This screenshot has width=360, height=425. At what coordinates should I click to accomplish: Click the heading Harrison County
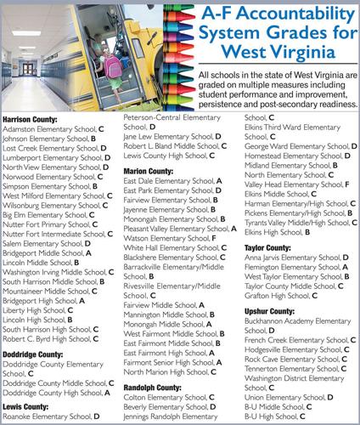pos(36,121)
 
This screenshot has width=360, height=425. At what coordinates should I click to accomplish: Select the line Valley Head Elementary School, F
pos(296,184)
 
